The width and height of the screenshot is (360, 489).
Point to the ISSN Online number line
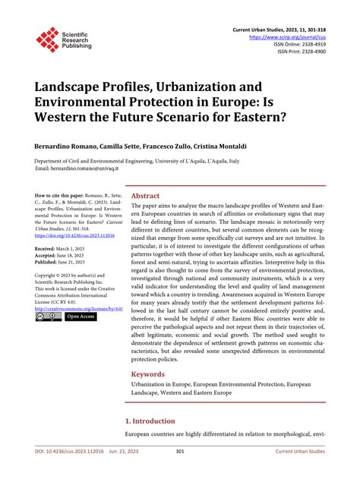[302, 44]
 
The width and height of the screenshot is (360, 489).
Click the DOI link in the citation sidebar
[73, 236]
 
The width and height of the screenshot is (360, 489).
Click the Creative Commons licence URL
[77, 309]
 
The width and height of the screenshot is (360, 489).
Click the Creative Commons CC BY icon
[48, 317]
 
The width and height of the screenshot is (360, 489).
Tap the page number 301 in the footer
[180, 473]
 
